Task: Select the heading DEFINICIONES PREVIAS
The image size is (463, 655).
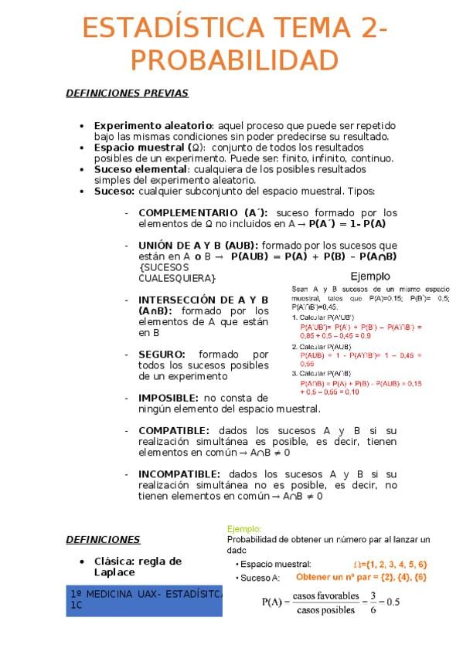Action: coord(127,93)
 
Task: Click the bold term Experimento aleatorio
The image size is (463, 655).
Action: coord(152,125)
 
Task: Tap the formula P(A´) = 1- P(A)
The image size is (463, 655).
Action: coord(347,224)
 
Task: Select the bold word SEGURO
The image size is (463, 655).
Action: coord(162,354)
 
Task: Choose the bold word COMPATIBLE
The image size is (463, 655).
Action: coord(173,430)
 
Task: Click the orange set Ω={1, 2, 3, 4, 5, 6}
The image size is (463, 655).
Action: coord(390,564)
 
